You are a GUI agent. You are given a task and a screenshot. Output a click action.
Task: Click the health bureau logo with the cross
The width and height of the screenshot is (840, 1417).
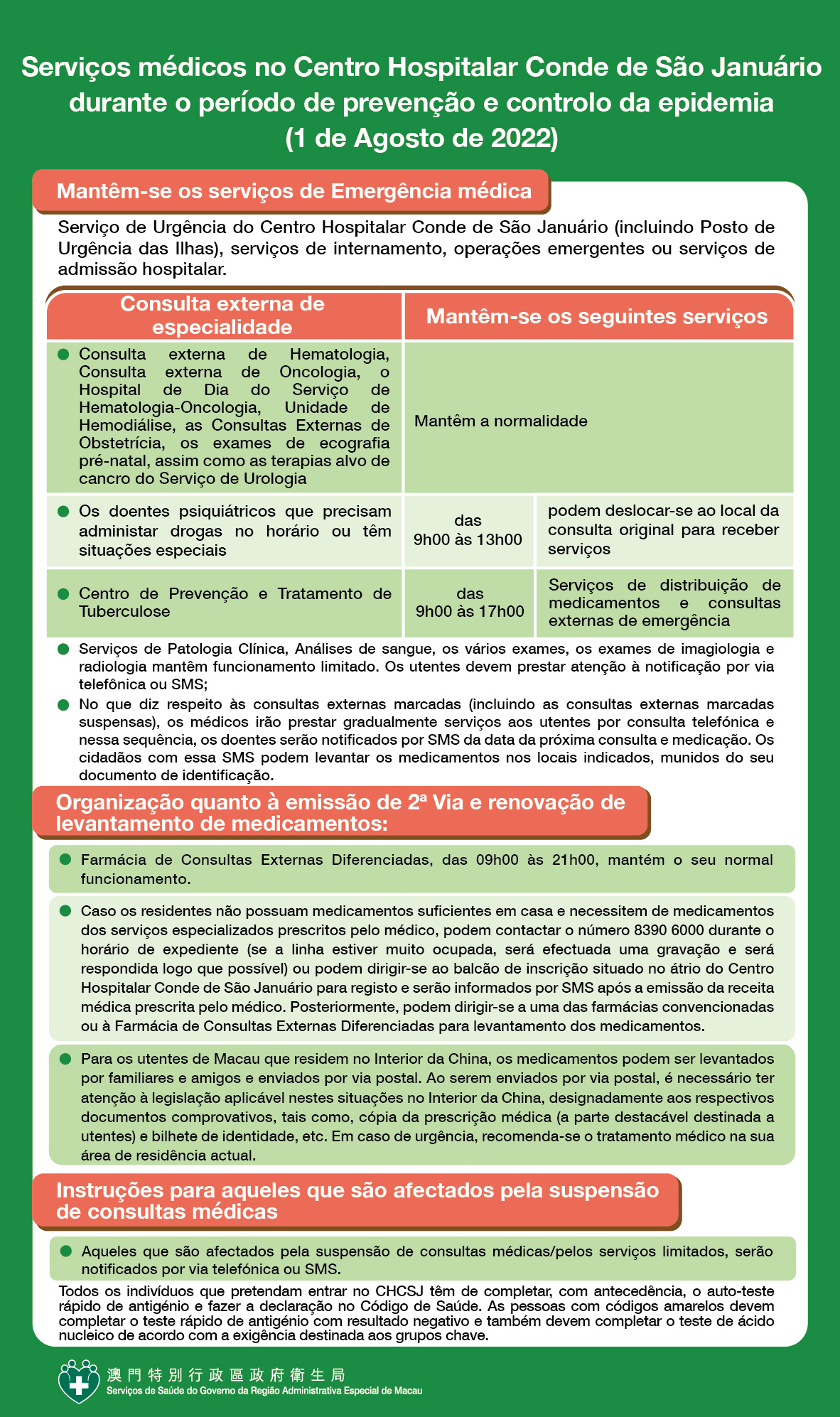[x=79, y=1381]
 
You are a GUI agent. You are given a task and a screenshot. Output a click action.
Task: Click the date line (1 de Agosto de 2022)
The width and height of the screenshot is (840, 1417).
[x=421, y=138]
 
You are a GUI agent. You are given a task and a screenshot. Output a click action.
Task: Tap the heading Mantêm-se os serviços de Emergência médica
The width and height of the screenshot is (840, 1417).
[x=294, y=191]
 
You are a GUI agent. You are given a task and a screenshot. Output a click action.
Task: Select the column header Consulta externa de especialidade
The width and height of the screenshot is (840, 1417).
[x=222, y=316]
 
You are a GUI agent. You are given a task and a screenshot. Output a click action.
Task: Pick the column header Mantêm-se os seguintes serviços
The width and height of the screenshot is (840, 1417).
[x=596, y=317]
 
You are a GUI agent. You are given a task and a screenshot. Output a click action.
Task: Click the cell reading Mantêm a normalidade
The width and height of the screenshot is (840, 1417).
[x=501, y=421]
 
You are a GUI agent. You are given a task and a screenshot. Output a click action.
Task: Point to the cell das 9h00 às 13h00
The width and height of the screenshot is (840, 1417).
[x=468, y=530]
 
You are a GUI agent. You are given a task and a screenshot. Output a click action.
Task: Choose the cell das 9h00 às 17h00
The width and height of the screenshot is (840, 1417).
[x=470, y=603]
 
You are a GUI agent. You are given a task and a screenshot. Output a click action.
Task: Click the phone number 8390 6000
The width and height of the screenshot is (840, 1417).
[x=669, y=930]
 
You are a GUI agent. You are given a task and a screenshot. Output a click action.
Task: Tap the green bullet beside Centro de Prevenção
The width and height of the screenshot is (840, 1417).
[x=64, y=593]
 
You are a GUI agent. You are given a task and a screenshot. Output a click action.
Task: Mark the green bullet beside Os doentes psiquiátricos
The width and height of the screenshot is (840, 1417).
[x=64, y=512]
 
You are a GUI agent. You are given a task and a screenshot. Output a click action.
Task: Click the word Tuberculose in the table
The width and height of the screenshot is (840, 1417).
[x=124, y=612]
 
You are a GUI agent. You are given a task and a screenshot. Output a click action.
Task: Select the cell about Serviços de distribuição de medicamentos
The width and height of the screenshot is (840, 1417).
[x=664, y=603]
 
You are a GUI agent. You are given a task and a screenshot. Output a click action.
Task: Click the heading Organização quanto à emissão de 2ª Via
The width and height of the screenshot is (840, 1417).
[x=340, y=812]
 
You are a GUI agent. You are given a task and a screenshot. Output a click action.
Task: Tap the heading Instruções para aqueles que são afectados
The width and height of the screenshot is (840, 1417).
[x=357, y=1200]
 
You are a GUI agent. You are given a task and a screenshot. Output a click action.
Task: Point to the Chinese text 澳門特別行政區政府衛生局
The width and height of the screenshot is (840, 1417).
[x=226, y=1375]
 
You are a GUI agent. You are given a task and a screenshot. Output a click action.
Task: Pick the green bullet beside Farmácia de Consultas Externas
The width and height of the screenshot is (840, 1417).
[x=65, y=860]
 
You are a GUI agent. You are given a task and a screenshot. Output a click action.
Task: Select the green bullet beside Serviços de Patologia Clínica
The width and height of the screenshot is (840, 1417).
[x=64, y=649]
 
